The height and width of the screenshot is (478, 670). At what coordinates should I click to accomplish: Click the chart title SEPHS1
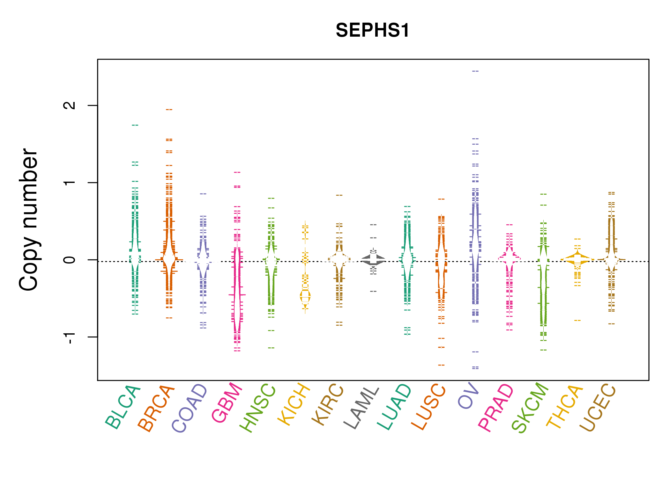coord(372,30)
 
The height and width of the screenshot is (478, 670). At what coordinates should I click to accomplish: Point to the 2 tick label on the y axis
coord(70,105)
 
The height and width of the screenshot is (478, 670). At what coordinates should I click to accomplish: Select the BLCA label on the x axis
coord(123,407)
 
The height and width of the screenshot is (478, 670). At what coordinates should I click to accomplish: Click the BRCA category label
coord(156,408)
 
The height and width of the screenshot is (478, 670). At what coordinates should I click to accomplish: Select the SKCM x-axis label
coord(530,408)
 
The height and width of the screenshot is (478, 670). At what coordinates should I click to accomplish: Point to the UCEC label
coord(598,407)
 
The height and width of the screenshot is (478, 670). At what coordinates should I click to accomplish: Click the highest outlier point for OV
coord(475,71)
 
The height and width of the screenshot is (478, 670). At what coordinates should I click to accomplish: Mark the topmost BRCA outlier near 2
coord(169,110)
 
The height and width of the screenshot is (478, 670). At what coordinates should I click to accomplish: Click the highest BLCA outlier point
coord(135,125)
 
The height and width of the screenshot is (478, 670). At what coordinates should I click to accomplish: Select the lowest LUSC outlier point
coord(441,365)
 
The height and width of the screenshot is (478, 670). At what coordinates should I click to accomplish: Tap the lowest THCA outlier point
coord(577,320)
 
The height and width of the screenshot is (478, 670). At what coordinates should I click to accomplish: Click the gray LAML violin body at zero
coord(373,259)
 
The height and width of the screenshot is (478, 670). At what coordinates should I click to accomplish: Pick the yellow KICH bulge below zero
coord(305,296)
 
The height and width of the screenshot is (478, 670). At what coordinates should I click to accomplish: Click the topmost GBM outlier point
coord(237,172)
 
